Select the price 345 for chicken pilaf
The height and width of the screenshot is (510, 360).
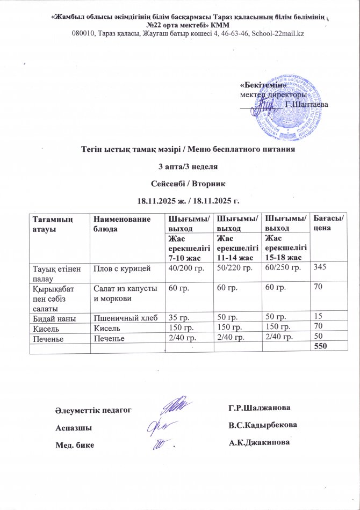(x=320, y=268)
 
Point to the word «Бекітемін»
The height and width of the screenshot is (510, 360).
(x=256, y=85)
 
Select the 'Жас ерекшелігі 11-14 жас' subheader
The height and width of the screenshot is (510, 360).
(x=236, y=245)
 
